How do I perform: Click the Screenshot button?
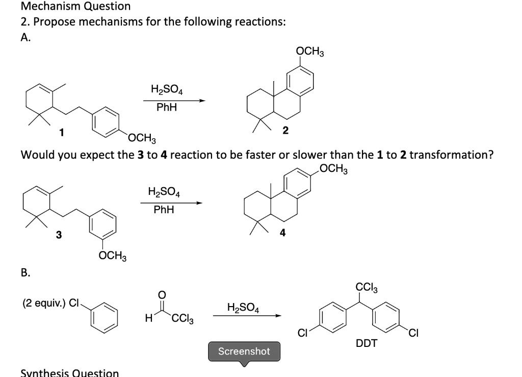[244, 351]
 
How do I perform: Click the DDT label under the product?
[367, 343]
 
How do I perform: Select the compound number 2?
[285, 131]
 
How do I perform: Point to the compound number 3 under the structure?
[59, 235]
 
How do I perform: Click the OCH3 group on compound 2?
[310, 52]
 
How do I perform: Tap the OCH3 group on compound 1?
[142, 138]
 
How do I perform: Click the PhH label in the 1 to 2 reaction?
[167, 108]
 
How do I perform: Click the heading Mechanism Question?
[75, 7]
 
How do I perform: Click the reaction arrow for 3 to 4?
[171, 203]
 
